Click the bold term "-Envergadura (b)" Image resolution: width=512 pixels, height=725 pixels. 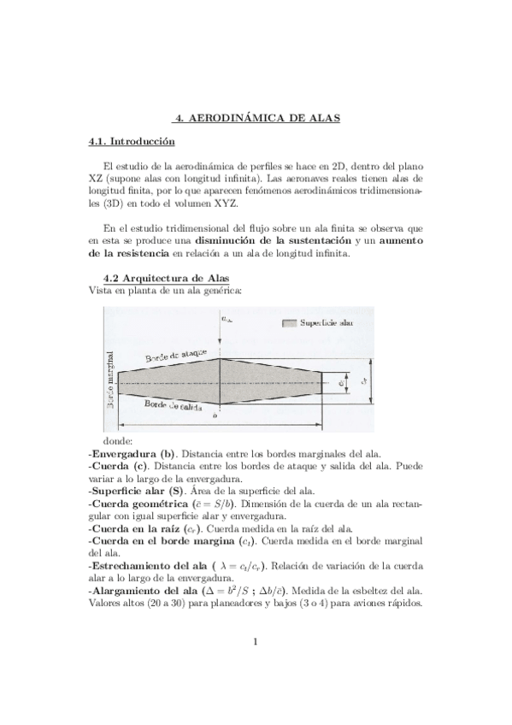(132, 454)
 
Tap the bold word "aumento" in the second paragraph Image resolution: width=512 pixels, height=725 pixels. (398, 241)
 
